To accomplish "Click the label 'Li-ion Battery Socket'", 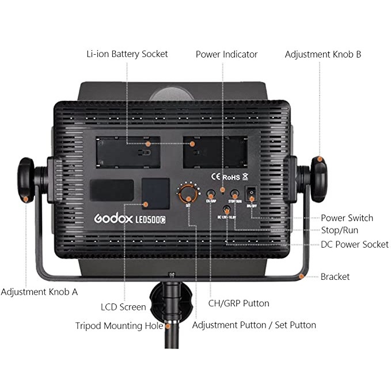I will coord(127,54).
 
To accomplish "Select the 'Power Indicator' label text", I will coord(226,55).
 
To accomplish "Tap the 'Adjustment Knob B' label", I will coord(323,55).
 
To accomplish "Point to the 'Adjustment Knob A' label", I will coord(39,292).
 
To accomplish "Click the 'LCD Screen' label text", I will coord(123,307).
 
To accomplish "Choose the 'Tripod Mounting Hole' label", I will coord(119,326).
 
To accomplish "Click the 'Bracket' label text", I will coord(335,277).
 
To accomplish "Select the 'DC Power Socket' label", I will coord(354,245).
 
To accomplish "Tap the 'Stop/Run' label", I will coord(339,231).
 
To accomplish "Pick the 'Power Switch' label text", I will coord(347,218).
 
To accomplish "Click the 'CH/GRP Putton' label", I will coord(238,303).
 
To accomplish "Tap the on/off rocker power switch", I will coord(251,193).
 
